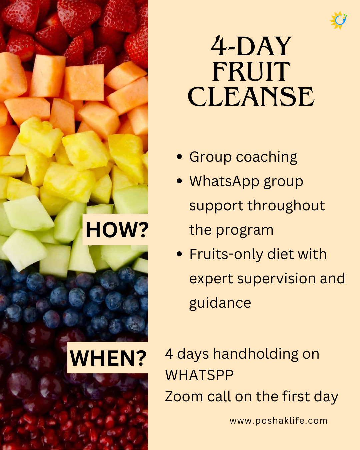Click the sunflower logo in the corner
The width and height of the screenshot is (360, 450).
(x=338, y=20)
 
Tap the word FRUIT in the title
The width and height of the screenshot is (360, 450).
(x=251, y=72)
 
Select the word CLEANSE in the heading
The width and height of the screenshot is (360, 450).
(x=251, y=97)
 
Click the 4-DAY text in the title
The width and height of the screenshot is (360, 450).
(x=251, y=46)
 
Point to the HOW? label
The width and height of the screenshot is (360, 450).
(x=117, y=230)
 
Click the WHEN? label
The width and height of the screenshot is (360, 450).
(x=108, y=358)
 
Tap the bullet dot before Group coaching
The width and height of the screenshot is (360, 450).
(x=179, y=157)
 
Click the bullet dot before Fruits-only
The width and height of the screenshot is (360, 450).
(x=179, y=254)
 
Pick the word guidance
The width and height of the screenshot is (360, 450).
(x=220, y=303)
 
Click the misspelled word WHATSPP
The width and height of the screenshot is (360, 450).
(x=199, y=375)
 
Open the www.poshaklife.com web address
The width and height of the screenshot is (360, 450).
(x=278, y=421)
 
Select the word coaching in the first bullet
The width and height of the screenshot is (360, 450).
(x=266, y=157)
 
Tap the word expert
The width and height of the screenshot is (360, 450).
(x=211, y=279)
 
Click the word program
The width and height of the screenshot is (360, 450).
(x=245, y=231)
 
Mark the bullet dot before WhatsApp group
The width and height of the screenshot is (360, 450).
(x=179, y=181)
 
